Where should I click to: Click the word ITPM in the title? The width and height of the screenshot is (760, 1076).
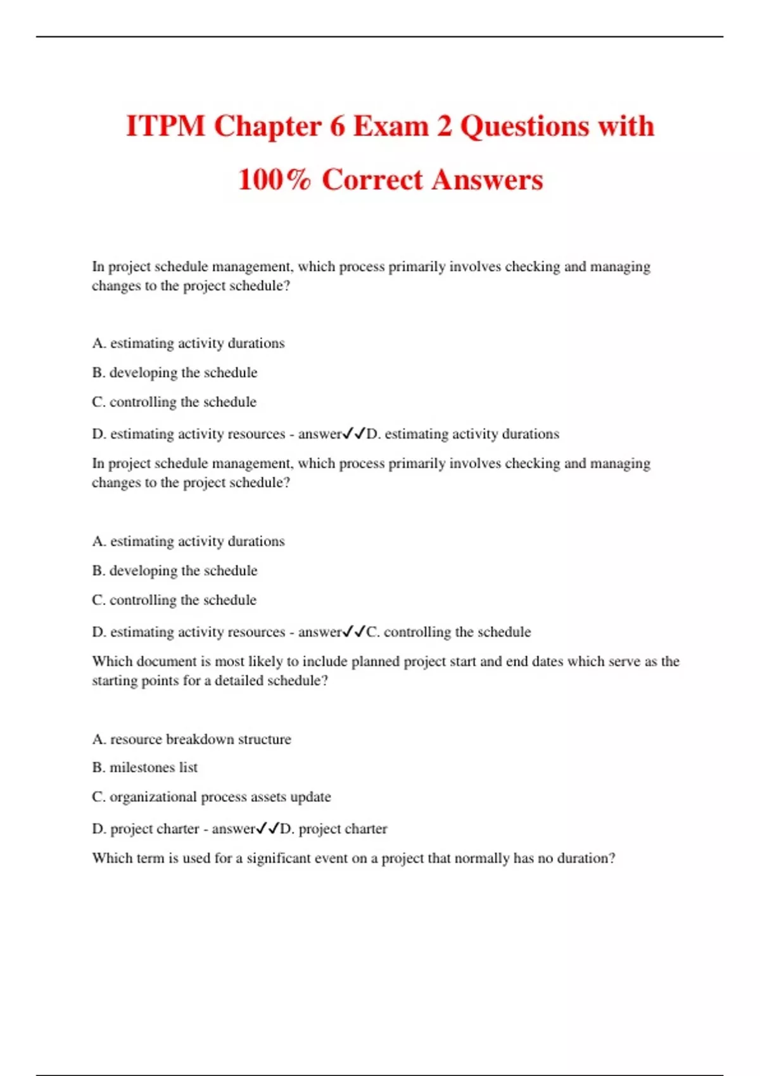tap(165, 126)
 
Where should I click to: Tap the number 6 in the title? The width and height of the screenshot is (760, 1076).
tap(336, 126)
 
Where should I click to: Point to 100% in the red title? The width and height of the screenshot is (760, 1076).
tap(274, 180)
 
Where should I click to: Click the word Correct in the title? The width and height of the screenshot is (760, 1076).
tap(372, 180)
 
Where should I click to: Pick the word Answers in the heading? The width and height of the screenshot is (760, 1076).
tap(488, 180)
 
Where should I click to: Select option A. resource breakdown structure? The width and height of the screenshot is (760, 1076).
tap(191, 739)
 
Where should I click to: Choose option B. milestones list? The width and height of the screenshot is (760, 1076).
tap(145, 768)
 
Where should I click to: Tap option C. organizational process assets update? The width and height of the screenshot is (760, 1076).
tap(212, 797)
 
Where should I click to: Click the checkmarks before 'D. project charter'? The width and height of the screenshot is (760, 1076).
tap(267, 829)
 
